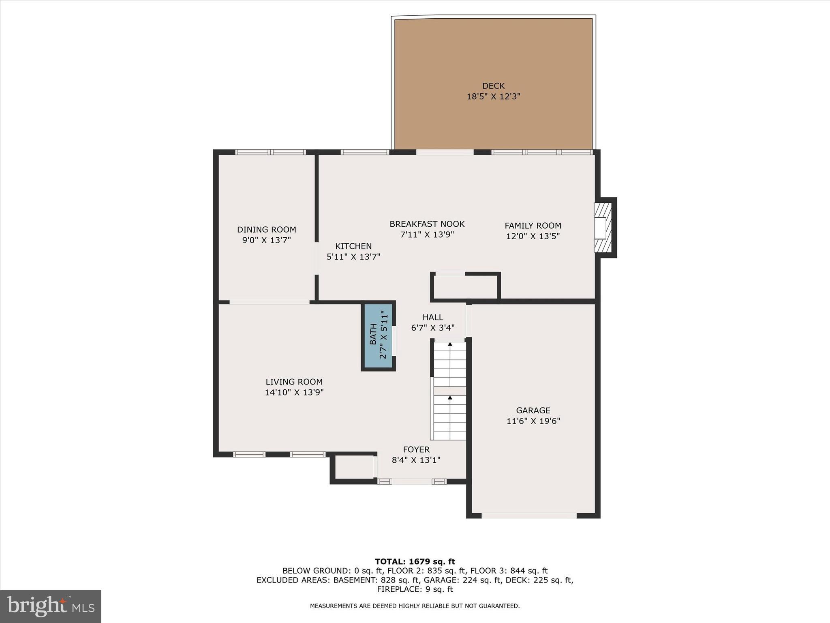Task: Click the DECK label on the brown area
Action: coord(493,86)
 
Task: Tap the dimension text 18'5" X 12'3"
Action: coord(493,97)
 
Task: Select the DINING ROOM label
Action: coord(266,230)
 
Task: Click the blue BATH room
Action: coord(378,336)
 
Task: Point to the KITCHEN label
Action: coord(353,246)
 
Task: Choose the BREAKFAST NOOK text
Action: coord(427,224)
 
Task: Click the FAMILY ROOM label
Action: coord(533,226)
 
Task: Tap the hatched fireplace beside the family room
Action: coord(603,228)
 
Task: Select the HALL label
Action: coord(433,317)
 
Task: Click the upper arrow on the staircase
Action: coord(450,344)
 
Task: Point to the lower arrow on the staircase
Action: coord(450,398)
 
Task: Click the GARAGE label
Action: coord(533,410)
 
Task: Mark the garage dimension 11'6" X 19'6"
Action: coord(533,421)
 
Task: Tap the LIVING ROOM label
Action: coord(294,382)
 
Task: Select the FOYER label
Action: coord(416,449)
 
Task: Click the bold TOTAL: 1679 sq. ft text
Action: coord(415,562)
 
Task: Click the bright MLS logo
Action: coord(51,606)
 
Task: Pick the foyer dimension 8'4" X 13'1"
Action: coord(416,460)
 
